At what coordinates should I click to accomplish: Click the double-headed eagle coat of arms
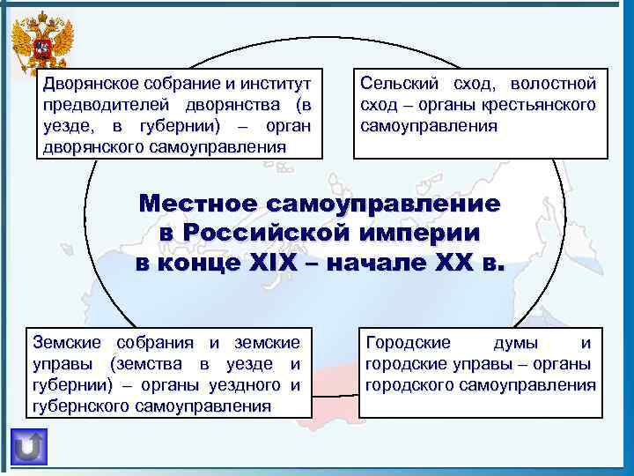[39, 45]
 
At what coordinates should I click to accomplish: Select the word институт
[274, 86]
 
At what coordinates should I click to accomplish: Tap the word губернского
[80, 406]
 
